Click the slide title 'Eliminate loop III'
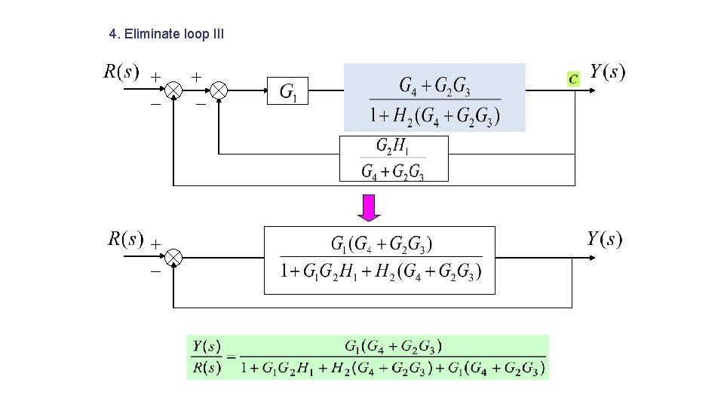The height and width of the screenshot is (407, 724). click(x=166, y=34)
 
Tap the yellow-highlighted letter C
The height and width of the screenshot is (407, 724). click(x=574, y=78)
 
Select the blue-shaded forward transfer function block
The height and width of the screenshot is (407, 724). click(x=434, y=98)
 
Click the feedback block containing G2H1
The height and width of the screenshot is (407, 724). click(x=394, y=158)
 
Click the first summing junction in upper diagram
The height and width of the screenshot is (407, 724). click(x=173, y=90)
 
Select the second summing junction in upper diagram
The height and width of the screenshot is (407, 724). click(x=219, y=90)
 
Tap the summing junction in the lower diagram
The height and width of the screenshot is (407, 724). click(x=173, y=258)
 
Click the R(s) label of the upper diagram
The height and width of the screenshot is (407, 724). click(x=121, y=72)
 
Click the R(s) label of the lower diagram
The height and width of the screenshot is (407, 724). click(x=125, y=240)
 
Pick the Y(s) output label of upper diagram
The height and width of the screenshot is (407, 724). click(x=607, y=72)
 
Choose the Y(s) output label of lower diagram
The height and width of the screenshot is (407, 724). click(x=605, y=240)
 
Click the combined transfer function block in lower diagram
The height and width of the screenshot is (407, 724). click(x=379, y=259)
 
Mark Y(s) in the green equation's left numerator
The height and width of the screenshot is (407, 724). click(x=206, y=347)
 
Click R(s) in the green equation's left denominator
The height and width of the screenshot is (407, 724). click(x=206, y=369)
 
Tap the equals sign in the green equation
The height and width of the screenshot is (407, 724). click(x=231, y=357)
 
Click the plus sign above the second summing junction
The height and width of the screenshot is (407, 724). click(x=195, y=76)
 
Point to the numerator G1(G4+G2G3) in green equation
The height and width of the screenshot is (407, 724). click(x=393, y=347)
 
